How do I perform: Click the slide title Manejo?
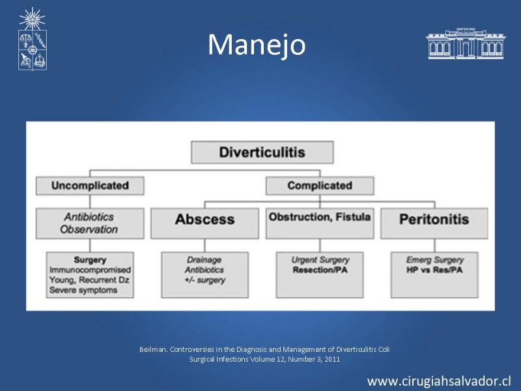coord(257,44)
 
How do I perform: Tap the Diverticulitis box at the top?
coord(262,152)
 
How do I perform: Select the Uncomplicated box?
coord(90,186)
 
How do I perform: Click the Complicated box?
coord(320,186)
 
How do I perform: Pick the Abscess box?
coord(204,223)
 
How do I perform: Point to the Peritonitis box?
coord(434,223)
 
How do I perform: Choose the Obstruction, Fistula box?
coord(320,223)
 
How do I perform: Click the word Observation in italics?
coord(89,229)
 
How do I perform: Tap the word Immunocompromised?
coord(90,270)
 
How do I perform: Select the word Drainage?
coord(204,259)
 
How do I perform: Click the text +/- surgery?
coord(205,280)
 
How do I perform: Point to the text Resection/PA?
coord(320,270)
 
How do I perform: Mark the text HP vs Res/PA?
coord(434,270)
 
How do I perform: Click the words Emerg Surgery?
coord(435,259)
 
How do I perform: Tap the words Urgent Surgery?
coord(320,259)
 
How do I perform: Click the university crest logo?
coord(32,39)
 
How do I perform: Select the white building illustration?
coord(466,44)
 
